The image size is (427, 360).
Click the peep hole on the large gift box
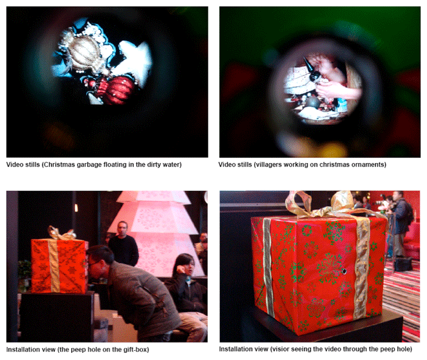344,271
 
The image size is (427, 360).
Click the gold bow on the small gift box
61,233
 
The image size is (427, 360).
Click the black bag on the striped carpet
402,264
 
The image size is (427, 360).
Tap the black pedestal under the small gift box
57,316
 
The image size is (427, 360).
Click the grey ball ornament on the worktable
312,102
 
